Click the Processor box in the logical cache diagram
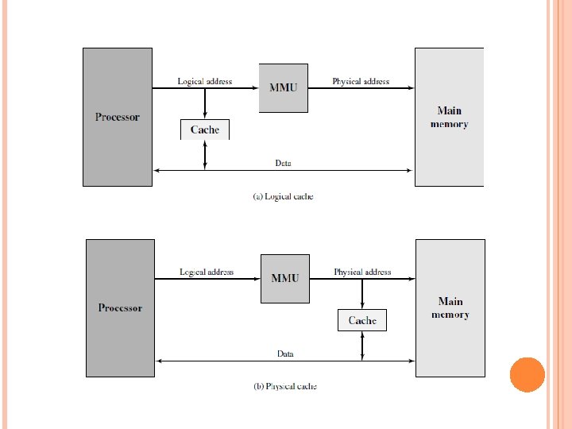tap(117, 117)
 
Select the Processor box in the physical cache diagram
tap(120, 307)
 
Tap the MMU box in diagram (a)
tap(283, 87)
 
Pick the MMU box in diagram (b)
tap(285, 278)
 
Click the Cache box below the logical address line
tap(205, 129)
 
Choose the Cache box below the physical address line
tap(362, 320)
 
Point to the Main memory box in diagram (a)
tap(449, 117)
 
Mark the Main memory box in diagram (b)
tap(450, 307)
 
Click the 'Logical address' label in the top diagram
tap(205, 81)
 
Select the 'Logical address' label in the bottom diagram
tap(207, 272)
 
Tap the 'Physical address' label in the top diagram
tap(361, 81)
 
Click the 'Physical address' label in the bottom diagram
tap(362, 272)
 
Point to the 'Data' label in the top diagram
tap(283, 163)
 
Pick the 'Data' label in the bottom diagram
tap(285, 354)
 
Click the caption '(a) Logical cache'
tap(283, 196)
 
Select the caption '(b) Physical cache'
tap(285, 387)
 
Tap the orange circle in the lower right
tap(527, 374)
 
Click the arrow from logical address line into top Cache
tap(205, 103)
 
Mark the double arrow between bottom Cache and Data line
tap(362, 346)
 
